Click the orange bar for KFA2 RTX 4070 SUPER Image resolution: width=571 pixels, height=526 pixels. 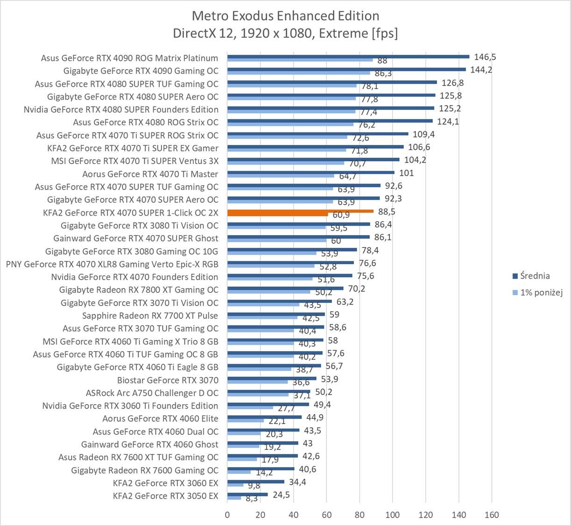click(x=300, y=211)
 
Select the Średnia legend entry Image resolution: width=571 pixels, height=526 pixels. click(x=535, y=276)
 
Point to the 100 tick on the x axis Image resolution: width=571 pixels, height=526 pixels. click(x=393, y=515)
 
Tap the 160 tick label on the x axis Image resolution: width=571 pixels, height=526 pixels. click(x=492, y=515)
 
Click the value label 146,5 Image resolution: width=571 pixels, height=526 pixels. click(x=485, y=57)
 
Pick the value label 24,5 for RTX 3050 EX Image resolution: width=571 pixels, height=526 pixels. click(x=282, y=495)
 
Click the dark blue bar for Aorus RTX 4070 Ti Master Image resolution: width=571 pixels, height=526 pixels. click(x=310, y=173)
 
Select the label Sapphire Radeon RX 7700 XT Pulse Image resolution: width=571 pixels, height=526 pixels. click(x=150, y=316)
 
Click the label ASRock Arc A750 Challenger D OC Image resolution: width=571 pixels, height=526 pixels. click(x=152, y=393)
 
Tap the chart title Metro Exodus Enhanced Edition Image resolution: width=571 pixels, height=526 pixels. click(x=285, y=16)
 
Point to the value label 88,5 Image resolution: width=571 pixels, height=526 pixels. click(x=387, y=211)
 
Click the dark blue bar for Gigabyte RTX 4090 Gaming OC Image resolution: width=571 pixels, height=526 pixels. click(x=346, y=69)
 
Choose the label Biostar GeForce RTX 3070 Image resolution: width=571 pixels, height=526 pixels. click(x=168, y=380)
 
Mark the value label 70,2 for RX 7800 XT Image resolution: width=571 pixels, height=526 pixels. click(x=356, y=289)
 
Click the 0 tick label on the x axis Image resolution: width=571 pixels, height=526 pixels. click(x=227, y=515)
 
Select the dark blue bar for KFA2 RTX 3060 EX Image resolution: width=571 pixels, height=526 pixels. click(x=255, y=482)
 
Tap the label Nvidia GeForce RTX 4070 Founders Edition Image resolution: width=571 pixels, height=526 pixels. click(x=134, y=277)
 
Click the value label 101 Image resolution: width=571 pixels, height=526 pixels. click(x=406, y=173)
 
